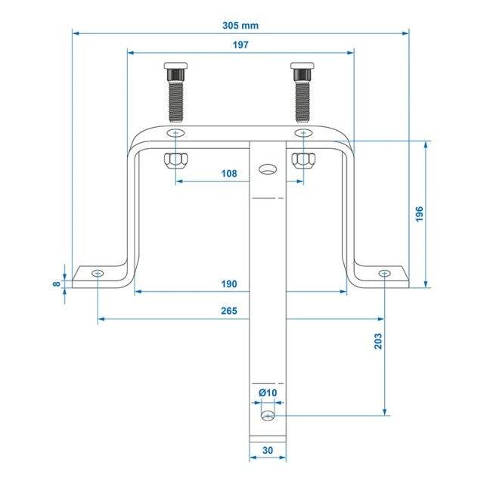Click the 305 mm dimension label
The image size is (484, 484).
click(240, 25)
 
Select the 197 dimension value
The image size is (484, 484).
click(240, 45)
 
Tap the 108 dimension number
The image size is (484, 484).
click(229, 174)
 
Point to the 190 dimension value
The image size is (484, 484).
click(229, 284)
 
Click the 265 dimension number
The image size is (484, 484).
click(229, 311)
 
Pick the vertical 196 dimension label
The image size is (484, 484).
click(419, 214)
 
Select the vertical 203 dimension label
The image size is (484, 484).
click(378, 341)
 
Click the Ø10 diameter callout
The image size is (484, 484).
click(268, 393)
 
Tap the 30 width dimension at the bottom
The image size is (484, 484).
click(268, 451)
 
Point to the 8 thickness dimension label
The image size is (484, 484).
click(56, 284)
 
